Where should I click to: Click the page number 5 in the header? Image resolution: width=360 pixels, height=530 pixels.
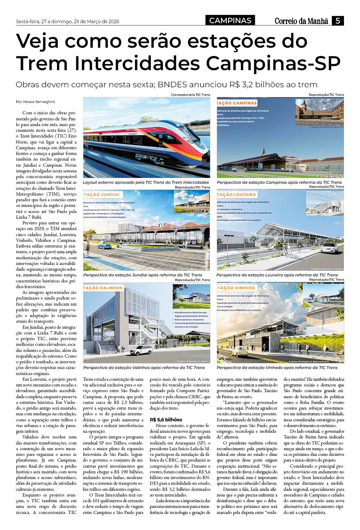point(338,21)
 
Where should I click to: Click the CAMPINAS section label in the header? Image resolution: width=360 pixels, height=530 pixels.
point(230,21)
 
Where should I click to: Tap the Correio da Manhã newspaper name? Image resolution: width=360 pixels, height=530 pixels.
point(301,21)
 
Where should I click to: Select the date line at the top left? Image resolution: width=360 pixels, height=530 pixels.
point(67,21)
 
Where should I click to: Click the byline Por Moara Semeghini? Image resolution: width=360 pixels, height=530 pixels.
point(36,102)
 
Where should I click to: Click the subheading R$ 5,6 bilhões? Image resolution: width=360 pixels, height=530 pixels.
point(166,420)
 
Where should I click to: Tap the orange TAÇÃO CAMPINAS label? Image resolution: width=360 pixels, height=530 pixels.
point(237,103)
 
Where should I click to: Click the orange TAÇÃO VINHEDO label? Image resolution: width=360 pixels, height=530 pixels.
point(236,287)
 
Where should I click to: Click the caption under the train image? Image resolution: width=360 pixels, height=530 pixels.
point(146,182)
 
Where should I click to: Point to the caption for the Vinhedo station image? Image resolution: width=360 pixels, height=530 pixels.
point(277,368)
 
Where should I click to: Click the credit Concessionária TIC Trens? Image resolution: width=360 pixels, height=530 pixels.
point(190,95)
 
